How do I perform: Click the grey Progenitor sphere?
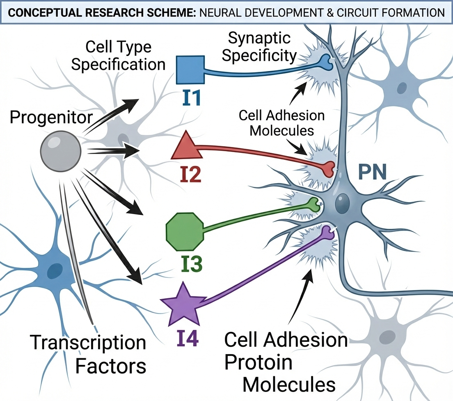point(61,152)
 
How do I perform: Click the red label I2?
point(190,175)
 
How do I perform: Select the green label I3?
point(192,265)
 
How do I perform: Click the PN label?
point(371,171)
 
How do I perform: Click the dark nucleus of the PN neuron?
point(341,203)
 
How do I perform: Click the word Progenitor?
point(51,118)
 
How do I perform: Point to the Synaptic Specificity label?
point(259,47)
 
